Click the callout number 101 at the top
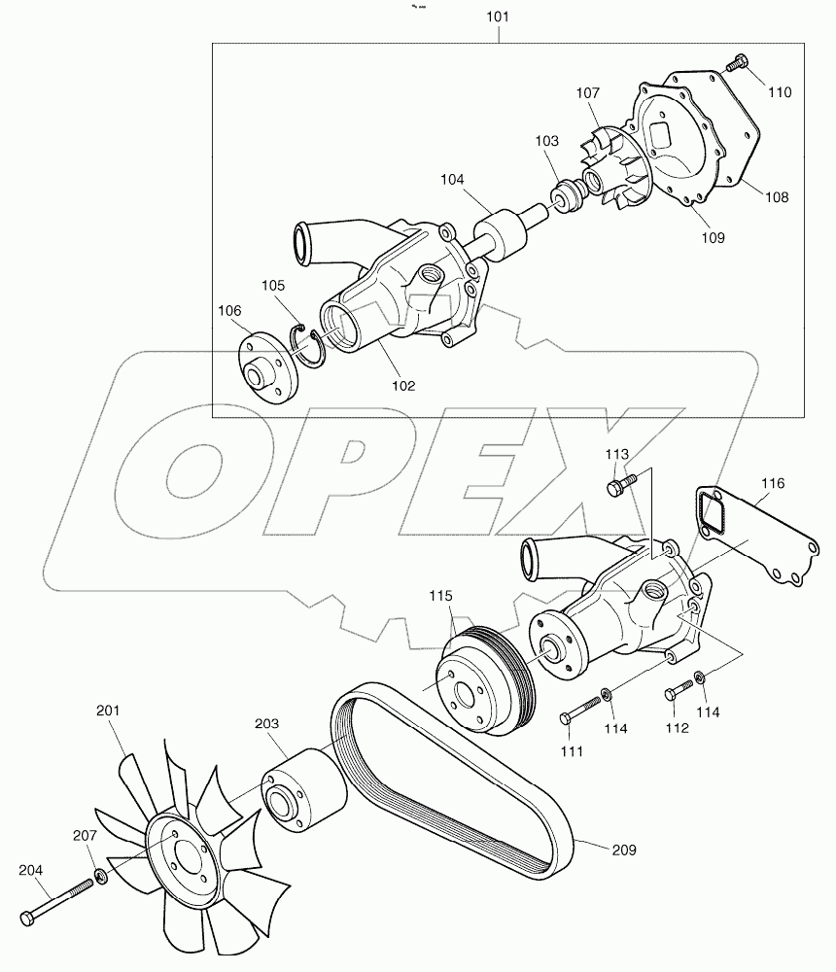[498, 17]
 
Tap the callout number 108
[776, 196]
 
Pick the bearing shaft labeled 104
[500, 234]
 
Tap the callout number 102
[403, 385]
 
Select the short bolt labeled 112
[679, 690]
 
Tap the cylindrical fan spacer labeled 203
[300, 792]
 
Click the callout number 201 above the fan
[107, 711]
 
